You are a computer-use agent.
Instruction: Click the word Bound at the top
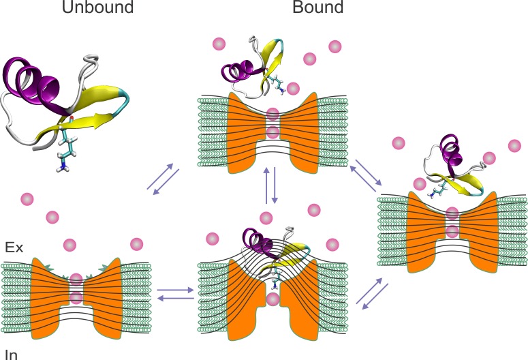(x=318, y=9)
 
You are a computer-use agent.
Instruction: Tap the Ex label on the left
(x=14, y=247)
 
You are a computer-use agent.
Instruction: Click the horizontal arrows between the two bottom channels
(x=175, y=295)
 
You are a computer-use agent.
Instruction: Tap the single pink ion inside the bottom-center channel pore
(x=273, y=298)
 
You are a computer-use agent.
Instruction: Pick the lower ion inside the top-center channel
(x=273, y=132)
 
